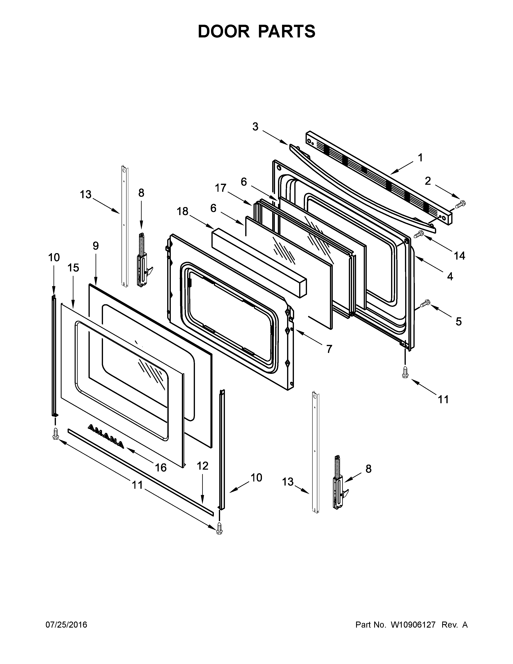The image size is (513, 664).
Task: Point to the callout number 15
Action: pyautogui.click(x=73, y=268)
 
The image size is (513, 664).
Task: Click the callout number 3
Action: pyautogui.click(x=255, y=127)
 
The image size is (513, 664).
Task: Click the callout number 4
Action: pyautogui.click(x=450, y=276)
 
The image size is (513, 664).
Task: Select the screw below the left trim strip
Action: pyautogui.click(x=55, y=433)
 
